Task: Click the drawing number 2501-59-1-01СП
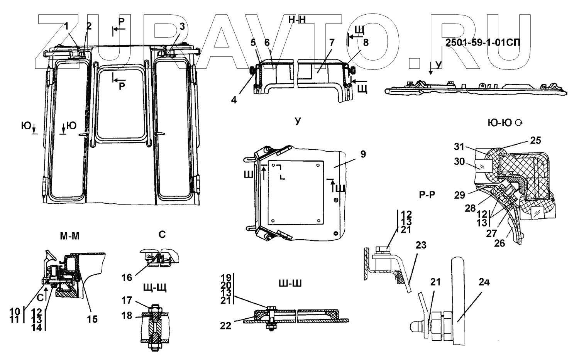coord(482,42)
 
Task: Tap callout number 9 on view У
coord(363,154)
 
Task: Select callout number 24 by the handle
coord(484,282)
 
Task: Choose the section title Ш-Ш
coord(289,284)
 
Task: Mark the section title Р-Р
coord(427,194)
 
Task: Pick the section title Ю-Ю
coord(500,123)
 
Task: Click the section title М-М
coord(69,236)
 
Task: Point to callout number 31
coord(459,147)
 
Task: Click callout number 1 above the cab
coord(66,26)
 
